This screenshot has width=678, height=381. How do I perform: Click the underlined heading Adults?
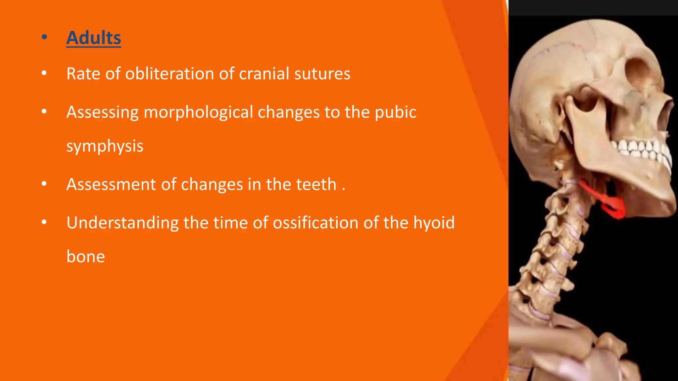click(x=94, y=38)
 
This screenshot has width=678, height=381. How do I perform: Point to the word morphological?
click(x=198, y=112)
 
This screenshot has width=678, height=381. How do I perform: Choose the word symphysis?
click(x=105, y=146)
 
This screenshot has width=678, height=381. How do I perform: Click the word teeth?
click(x=316, y=184)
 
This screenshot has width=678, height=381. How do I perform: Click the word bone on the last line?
click(x=85, y=257)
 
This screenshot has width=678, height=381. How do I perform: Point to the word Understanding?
click(x=122, y=223)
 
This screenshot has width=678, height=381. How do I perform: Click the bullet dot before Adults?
click(x=44, y=37)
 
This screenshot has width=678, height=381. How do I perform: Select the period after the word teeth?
click(x=344, y=190)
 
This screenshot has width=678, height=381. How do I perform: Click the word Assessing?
click(x=102, y=112)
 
